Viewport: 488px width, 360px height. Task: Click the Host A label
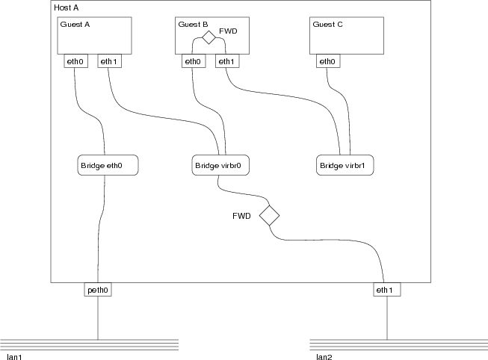click(69, 7)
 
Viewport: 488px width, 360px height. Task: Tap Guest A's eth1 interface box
click(109, 61)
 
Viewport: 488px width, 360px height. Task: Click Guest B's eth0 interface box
click(193, 61)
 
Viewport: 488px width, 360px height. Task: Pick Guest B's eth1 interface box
click(227, 61)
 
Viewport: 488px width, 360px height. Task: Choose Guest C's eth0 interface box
click(327, 61)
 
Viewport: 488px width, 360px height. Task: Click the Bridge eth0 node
click(109, 165)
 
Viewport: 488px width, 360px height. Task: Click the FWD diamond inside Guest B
click(209, 37)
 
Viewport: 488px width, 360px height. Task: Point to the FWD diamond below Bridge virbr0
click(269, 217)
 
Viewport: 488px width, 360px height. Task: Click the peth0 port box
click(98, 289)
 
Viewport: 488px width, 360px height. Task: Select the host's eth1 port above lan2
click(387, 289)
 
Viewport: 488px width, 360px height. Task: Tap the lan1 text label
click(13, 357)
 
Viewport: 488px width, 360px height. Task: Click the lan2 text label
click(324, 357)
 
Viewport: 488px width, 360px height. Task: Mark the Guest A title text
click(75, 24)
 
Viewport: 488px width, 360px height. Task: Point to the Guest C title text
click(328, 24)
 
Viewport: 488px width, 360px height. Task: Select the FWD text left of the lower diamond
click(241, 216)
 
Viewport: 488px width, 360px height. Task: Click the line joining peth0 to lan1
click(98, 317)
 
